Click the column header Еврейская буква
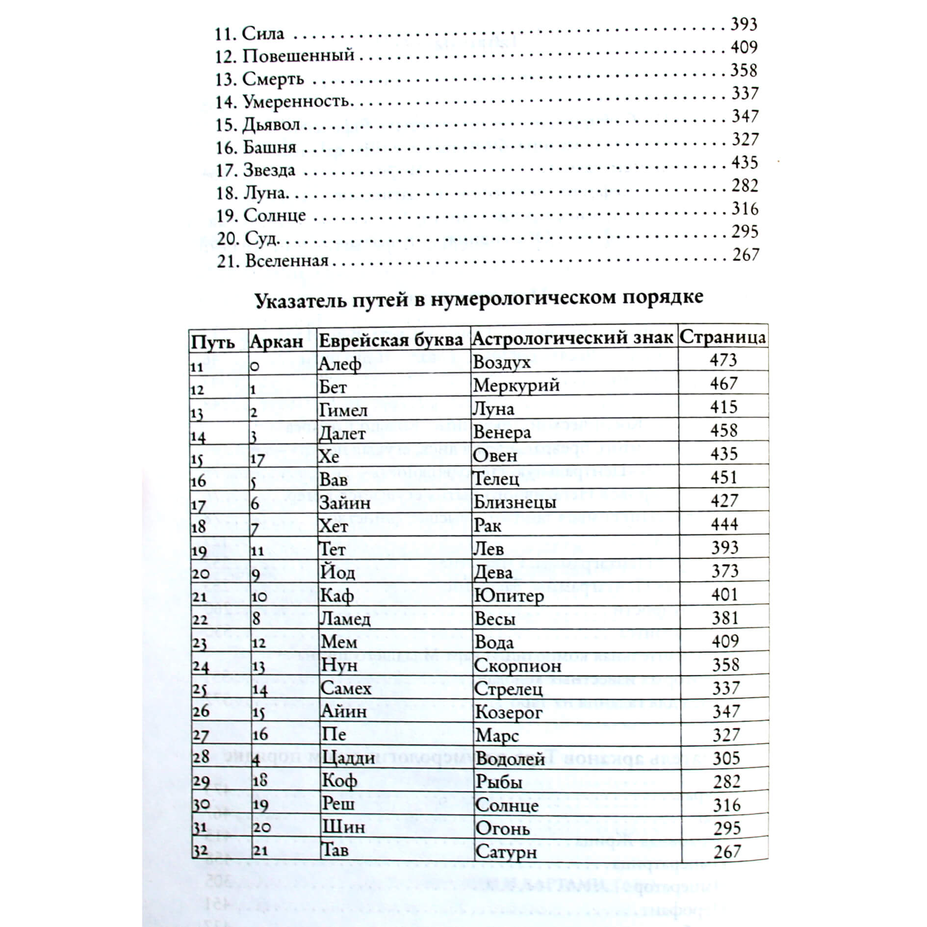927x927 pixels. tap(391, 339)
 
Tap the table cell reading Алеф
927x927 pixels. tap(340, 363)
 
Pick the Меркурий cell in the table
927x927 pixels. tap(516, 386)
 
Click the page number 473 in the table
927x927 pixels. tap(723, 360)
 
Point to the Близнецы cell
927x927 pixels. tap(515, 502)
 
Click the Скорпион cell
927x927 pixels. tap(518, 666)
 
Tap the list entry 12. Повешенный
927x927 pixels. tap(285, 56)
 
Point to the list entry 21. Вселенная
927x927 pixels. tap(273, 260)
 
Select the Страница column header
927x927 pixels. tap(722, 337)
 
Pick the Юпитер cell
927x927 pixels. tap(509, 596)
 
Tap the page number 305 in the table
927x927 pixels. tap(726, 758)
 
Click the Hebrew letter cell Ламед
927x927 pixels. tap(345, 619)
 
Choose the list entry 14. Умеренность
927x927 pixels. tap(283, 102)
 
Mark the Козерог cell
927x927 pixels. tap(509, 712)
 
